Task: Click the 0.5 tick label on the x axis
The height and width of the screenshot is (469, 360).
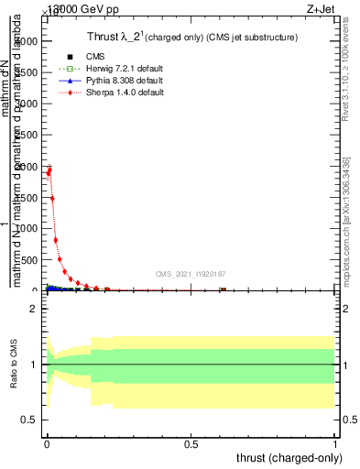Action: (x=191, y=444)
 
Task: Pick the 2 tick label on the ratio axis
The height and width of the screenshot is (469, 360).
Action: (x=34, y=310)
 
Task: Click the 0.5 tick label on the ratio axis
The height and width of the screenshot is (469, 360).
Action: (x=30, y=420)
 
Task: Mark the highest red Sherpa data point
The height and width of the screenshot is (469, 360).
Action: (x=49, y=168)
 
